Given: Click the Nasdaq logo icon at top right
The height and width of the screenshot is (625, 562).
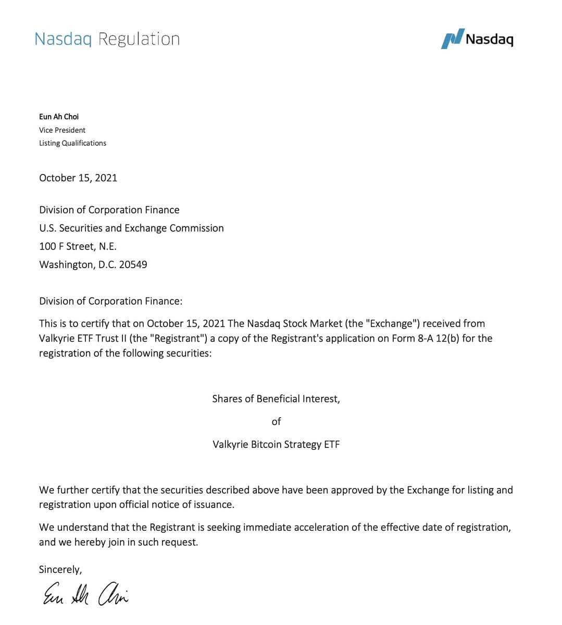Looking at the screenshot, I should (x=452, y=39).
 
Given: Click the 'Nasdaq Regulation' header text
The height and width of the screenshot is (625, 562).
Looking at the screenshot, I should (x=107, y=39).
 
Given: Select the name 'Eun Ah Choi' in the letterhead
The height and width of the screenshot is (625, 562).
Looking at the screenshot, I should (x=59, y=117).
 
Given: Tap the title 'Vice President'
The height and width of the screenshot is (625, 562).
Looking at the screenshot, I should (x=62, y=130).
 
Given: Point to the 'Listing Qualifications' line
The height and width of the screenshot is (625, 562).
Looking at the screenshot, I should (x=72, y=143).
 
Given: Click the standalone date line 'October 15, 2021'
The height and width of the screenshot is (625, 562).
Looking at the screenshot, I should (x=78, y=178).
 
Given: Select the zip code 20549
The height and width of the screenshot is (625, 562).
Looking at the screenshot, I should (x=133, y=265).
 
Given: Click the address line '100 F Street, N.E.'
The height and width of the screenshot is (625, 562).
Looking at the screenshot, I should (x=78, y=246).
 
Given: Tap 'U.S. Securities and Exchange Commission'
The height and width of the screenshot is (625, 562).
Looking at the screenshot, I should (x=131, y=228).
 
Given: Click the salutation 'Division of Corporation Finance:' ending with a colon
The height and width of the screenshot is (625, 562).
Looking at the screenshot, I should (x=110, y=301).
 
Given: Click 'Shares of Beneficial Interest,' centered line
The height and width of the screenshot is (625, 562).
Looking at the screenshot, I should (x=276, y=399).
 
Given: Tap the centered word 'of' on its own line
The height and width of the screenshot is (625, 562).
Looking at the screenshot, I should (x=276, y=422).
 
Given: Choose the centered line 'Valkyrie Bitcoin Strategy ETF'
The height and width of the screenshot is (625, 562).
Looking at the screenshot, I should (x=276, y=445).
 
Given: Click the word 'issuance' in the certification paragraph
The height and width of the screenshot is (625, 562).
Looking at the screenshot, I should (x=214, y=505).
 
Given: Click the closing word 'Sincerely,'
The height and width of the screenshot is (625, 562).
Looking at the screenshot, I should (x=60, y=570).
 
